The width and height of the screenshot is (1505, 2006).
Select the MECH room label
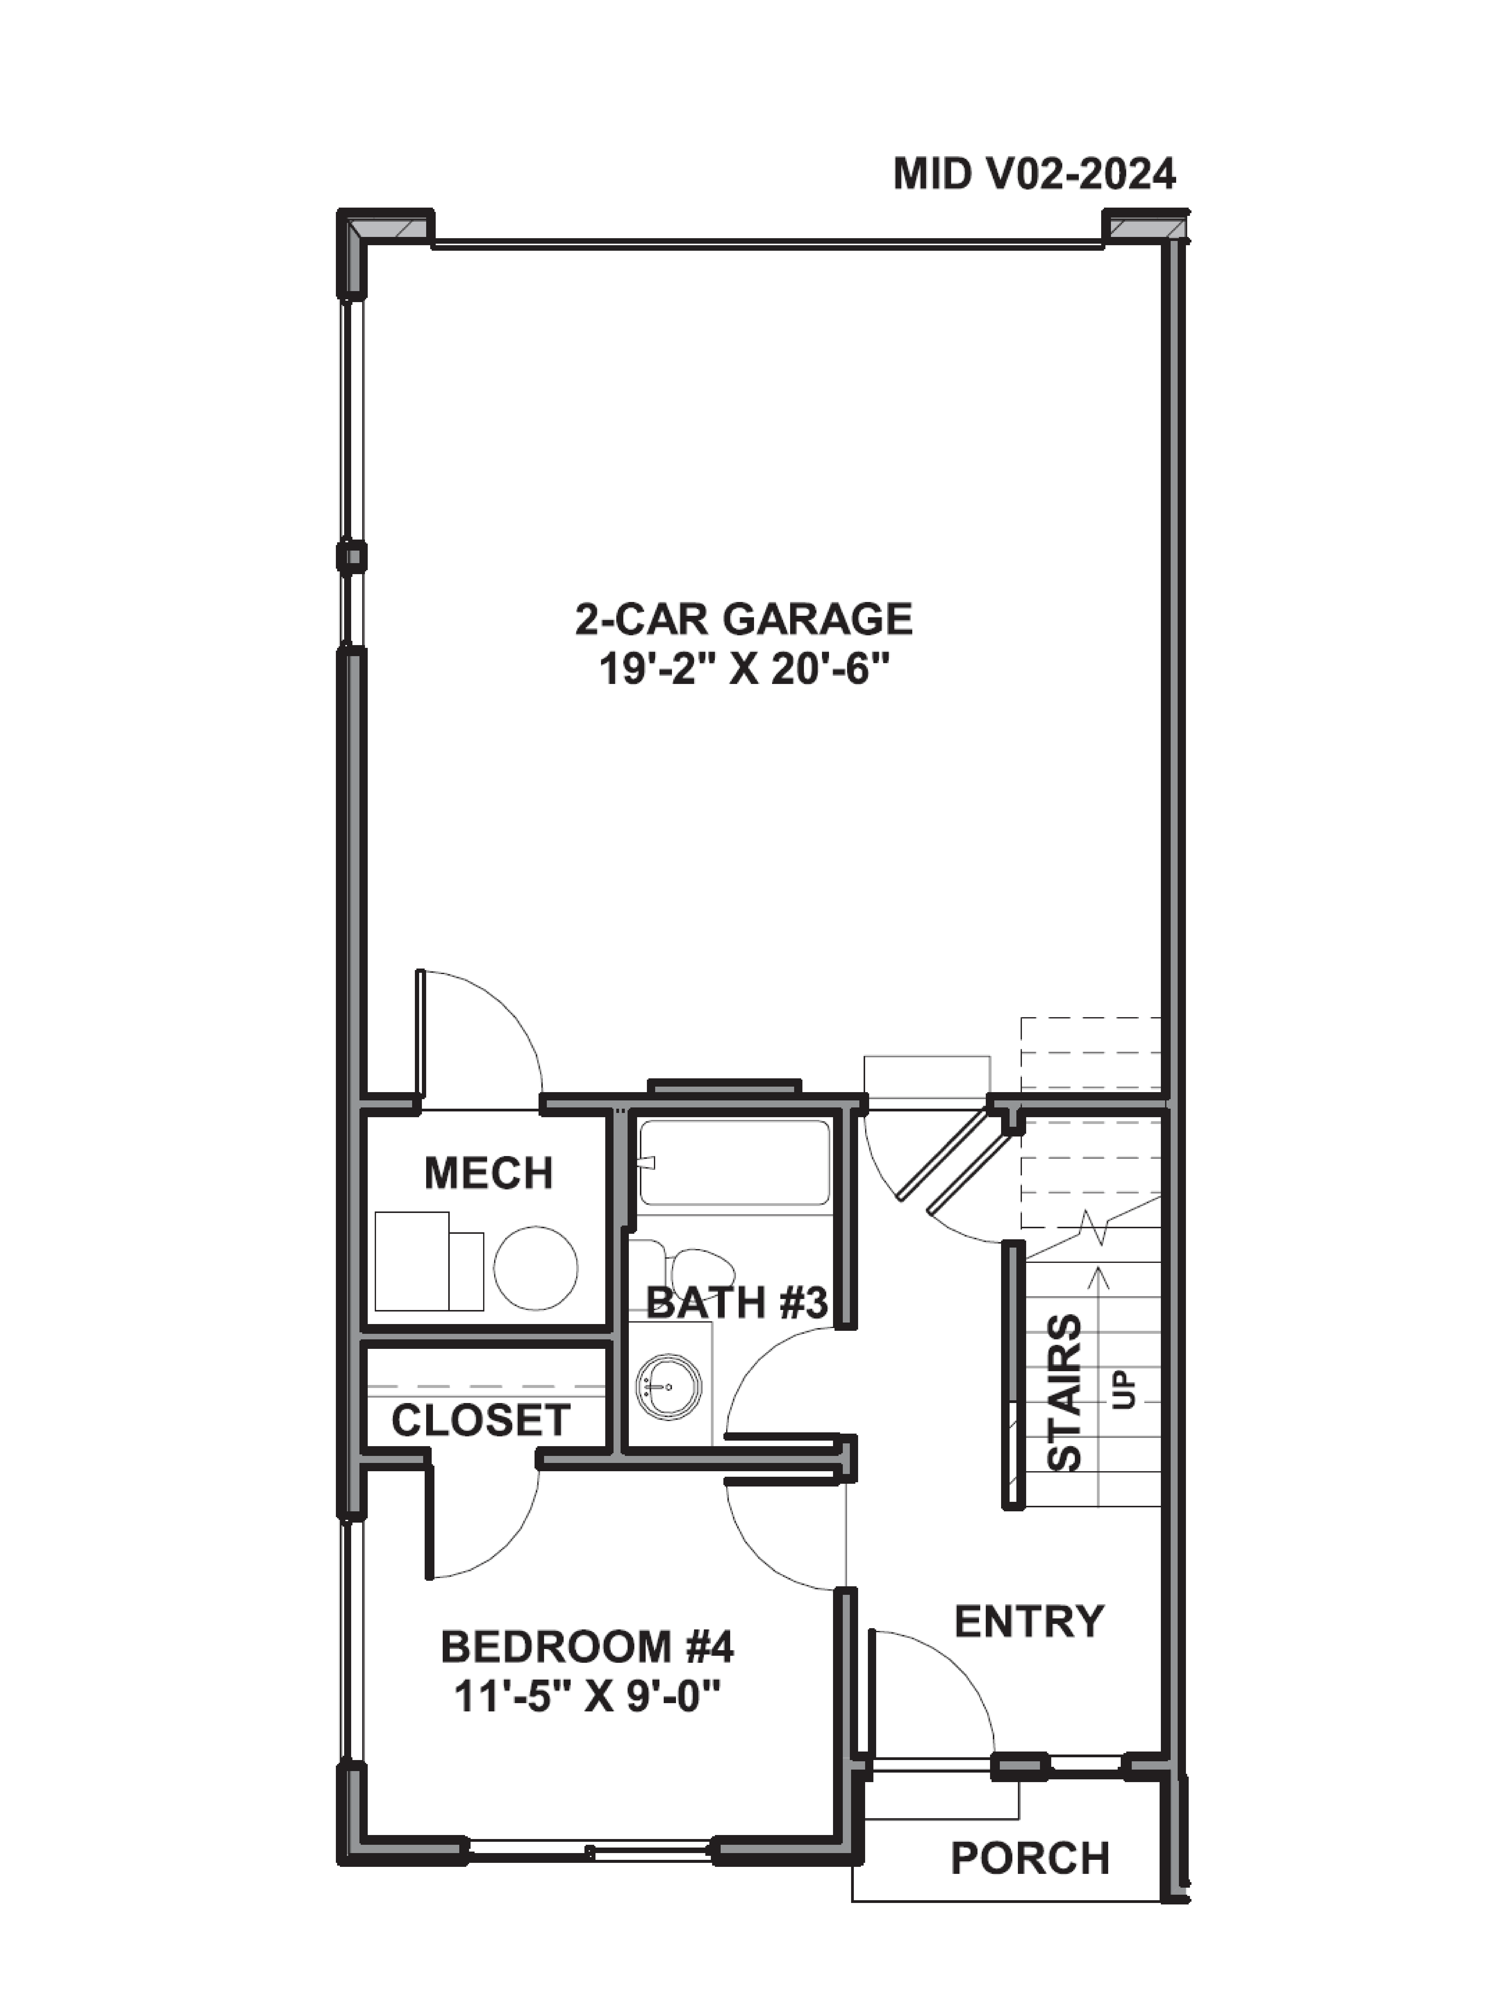coord(488,1174)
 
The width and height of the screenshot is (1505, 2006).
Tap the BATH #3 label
coord(737,1304)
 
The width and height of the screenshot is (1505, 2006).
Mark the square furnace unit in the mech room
coord(413,1261)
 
